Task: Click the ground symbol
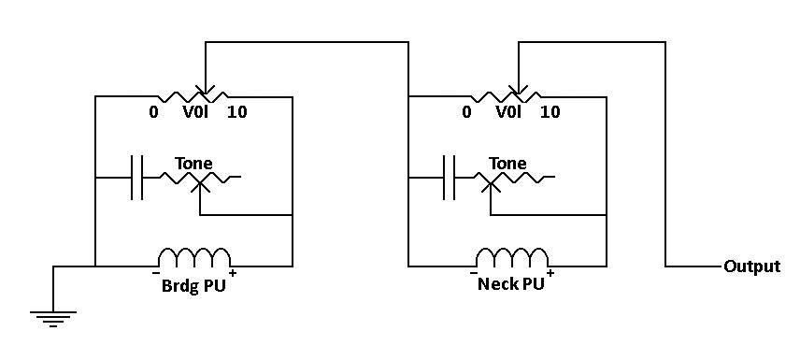pos(53,318)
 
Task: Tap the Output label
pos(752,267)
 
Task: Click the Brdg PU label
pos(193,285)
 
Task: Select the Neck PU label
pos(510,284)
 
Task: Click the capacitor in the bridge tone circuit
pos(136,177)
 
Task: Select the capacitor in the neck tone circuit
pos(450,177)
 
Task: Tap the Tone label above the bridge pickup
pos(193,164)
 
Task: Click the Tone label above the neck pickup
pos(507,164)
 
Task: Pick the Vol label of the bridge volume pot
pos(195,111)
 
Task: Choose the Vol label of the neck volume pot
pos(508,111)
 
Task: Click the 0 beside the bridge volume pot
pos(153,112)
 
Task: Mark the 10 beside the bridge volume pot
pos(237,112)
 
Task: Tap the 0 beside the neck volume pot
pos(466,112)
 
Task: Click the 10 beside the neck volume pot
pos(550,112)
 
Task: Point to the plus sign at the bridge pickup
pos(233,274)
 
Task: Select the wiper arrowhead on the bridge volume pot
pos(205,91)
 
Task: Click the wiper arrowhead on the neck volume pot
pos(519,91)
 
